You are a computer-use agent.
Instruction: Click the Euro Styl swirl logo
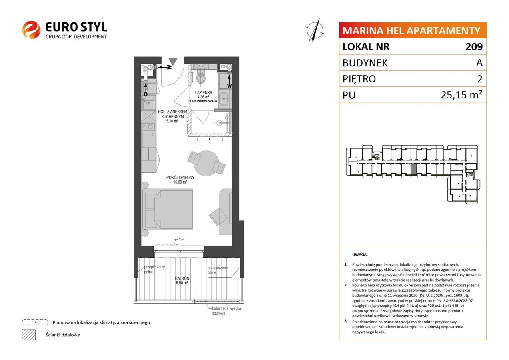click(31, 30)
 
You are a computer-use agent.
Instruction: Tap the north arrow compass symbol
click(315, 30)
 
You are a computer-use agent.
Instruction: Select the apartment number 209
click(474, 46)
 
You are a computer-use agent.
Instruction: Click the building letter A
click(479, 63)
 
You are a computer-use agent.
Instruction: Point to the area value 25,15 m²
click(461, 95)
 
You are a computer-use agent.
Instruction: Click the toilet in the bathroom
click(200, 77)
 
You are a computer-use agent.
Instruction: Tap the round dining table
click(206, 163)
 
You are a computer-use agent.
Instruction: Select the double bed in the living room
click(167, 209)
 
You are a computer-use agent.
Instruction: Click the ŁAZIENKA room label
click(204, 92)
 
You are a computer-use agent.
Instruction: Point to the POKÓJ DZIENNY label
click(180, 178)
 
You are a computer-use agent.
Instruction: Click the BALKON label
click(182, 278)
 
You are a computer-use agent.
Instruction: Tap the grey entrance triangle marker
click(173, 62)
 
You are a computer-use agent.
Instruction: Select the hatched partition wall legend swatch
click(29, 335)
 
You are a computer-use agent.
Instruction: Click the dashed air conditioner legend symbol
click(35, 322)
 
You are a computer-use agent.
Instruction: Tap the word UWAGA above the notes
click(360, 254)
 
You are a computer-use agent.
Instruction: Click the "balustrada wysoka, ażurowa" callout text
click(227, 311)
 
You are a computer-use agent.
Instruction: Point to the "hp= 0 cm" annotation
click(179, 239)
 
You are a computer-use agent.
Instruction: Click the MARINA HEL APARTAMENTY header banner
click(413, 30)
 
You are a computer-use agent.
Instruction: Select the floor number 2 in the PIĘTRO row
click(480, 79)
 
